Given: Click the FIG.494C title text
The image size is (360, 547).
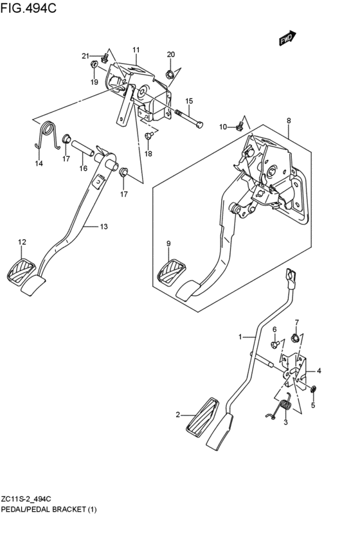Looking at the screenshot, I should [30, 10].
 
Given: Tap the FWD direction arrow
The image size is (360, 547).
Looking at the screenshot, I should [286, 39].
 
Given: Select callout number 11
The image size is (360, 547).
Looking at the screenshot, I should [136, 50].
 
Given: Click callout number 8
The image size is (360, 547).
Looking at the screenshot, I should [289, 120].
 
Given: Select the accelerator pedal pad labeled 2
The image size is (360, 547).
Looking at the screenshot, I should [203, 418].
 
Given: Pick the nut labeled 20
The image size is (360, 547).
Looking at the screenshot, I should [169, 75].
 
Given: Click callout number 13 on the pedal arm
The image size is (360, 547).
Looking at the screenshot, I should [104, 226].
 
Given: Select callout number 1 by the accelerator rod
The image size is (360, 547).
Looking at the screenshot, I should [241, 337].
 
